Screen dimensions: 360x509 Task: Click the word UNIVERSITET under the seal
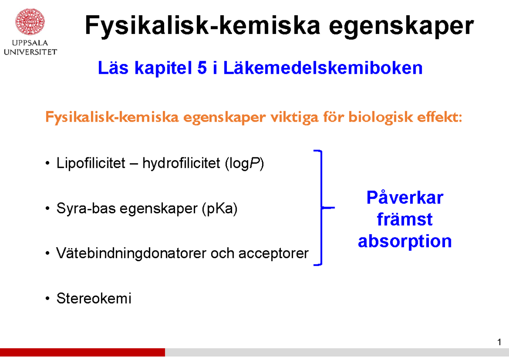click(x=30, y=52)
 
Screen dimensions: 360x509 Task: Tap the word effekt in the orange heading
click(x=441, y=117)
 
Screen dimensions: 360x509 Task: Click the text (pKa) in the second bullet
click(x=220, y=209)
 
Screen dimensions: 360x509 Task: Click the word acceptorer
click(x=273, y=254)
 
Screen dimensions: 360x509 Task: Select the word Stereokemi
click(x=94, y=299)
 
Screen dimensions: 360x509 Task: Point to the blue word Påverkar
click(x=405, y=198)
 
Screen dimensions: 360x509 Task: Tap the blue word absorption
click(x=405, y=242)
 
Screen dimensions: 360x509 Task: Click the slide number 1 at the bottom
click(x=500, y=343)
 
